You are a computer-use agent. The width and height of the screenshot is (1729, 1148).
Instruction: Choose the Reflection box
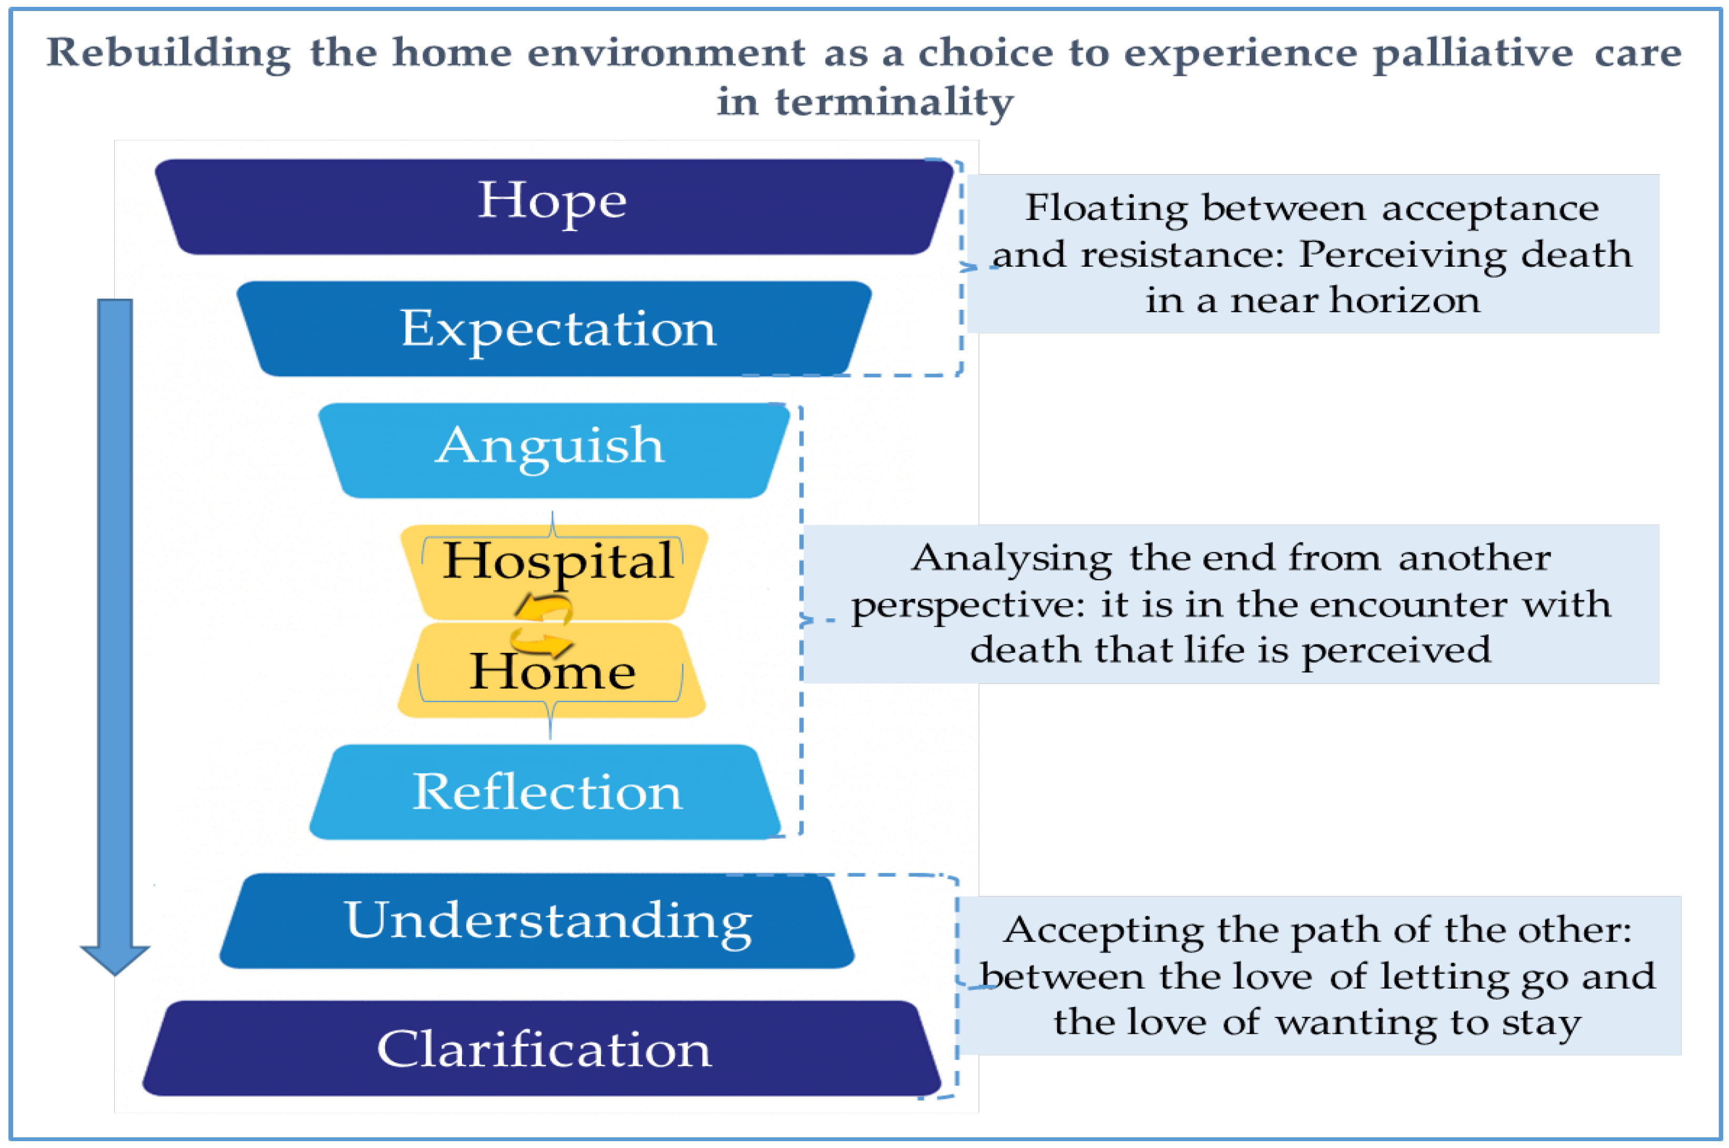(x=545, y=792)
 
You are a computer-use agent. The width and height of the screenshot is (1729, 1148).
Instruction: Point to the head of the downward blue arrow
(x=115, y=959)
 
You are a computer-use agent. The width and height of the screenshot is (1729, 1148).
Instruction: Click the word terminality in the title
(x=893, y=101)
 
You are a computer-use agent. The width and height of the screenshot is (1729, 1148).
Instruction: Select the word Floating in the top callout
(x=1105, y=209)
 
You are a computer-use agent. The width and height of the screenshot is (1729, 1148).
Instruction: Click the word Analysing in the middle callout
(x=1011, y=559)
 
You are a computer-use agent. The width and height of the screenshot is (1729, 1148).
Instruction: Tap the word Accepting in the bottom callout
(x=1102, y=931)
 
